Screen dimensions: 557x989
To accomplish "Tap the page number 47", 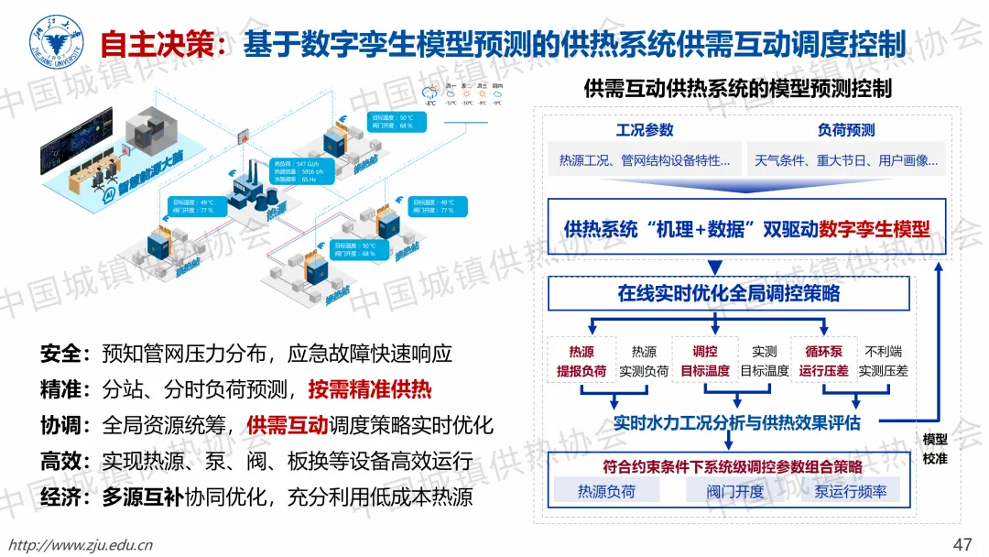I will click(962, 543).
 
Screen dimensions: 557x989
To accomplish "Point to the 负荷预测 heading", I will click(845, 130).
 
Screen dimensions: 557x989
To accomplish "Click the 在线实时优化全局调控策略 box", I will click(729, 293).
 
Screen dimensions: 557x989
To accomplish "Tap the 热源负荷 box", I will click(606, 491).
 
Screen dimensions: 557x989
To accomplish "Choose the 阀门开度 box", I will click(734, 491).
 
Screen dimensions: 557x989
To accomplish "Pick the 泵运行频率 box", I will click(850, 491).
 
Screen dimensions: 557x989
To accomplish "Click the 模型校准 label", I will click(935, 449).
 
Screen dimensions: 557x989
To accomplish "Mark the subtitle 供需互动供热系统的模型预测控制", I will click(737, 89).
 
